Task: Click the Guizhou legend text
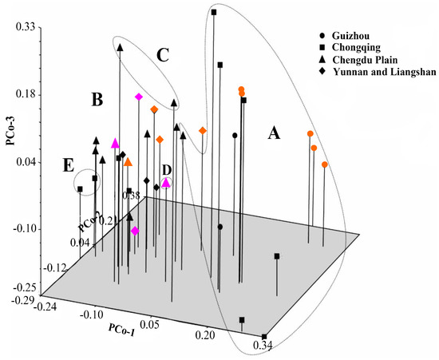coord(352,36)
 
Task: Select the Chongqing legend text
coord(358,48)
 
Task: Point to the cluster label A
coord(274,133)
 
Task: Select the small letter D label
coord(166,169)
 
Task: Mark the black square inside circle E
coord(80,189)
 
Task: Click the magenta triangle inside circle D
coord(166,183)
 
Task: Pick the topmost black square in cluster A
coord(214,12)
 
